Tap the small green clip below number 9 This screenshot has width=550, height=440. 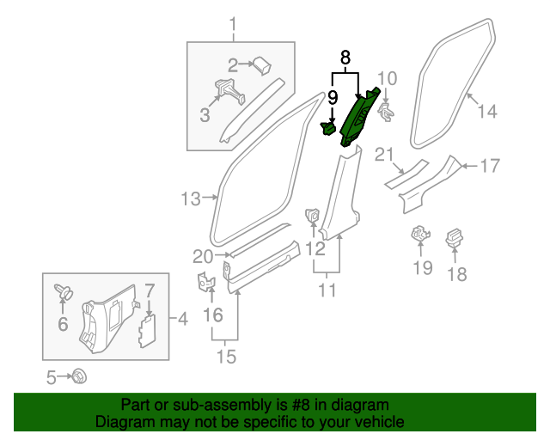pyautogui.click(x=328, y=129)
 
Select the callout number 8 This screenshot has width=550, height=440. pyautogui.click(x=345, y=58)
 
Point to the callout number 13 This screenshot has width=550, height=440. pyautogui.click(x=191, y=199)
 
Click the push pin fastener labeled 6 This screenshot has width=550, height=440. pyautogui.click(x=64, y=293)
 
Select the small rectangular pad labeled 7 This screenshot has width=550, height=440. pyautogui.click(x=147, y=329)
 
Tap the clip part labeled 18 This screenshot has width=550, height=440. pyautogui.click(x=454, y=238)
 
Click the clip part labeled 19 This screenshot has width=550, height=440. pyautogui.click(x=420, y=233)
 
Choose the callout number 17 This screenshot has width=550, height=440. pyautogui.click(x=489, y=166)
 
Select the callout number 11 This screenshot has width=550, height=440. pyautogui.click(x=327, y=290)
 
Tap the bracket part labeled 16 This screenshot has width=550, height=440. pyautogui.click(x=205, y=282)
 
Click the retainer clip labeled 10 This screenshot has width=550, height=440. pyautogui.click(x=387, y=111)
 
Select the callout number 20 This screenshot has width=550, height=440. pyautogui.click(x=202, y=255)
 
